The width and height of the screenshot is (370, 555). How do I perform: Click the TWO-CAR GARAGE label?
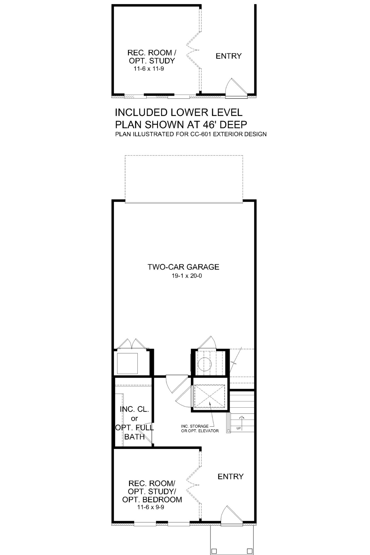coord(183,267)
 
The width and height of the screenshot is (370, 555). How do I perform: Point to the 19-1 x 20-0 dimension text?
coord(187,276)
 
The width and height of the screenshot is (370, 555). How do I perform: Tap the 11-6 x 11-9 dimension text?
coord(149,69)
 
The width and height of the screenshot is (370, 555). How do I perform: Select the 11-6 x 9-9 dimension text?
coord(152,507)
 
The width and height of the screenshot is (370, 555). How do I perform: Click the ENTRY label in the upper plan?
coord(229,56)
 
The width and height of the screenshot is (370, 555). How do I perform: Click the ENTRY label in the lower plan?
coord(231,476)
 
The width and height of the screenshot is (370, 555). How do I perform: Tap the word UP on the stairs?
coord(238,428)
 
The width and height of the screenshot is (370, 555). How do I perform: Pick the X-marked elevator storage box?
coord(209,397)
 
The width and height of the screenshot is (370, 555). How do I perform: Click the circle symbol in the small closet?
coord(205,364)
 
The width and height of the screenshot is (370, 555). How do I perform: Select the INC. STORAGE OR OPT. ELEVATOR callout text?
coord(200,428)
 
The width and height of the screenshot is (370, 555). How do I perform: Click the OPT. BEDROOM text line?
coord(152,500)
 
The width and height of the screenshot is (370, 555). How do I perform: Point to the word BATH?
coord(135,437)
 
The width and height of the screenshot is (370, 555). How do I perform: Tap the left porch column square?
coord(214,551)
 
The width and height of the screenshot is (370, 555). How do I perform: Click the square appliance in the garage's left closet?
coord(127,363)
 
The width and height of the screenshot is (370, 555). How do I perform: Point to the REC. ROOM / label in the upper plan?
coord(152,53)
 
